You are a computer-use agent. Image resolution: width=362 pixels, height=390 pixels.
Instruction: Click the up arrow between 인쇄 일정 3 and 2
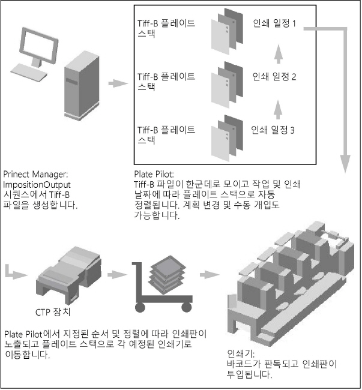pyautogui.click(x=277, y=106)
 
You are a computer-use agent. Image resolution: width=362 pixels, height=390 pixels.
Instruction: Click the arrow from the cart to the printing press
pyautogui.click(x=208, y=275)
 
